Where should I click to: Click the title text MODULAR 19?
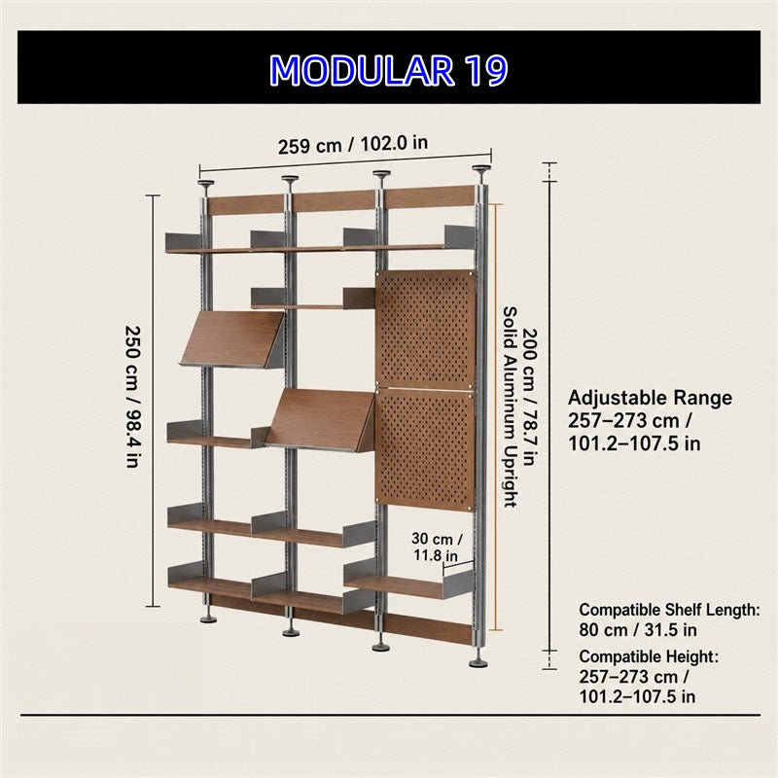[x=388, y=70]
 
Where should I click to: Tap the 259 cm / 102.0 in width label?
[x=353, y=145]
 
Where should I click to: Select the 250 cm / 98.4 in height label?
[x=131, y=397]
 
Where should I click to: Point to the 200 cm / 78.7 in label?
[x=530, y=397]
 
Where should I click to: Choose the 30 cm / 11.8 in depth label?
[x=437, y=547]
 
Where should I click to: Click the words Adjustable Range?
[x=650, y=398]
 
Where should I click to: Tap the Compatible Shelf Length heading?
[x=669, y=610]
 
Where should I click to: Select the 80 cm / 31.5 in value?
[x=638, y=630]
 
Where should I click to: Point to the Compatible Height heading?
[x=649, y=656]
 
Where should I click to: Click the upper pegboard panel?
[x=425, y=329]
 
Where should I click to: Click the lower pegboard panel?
[x=425, y=449]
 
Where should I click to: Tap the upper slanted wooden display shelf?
[x=232, y=339]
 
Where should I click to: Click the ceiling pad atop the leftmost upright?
[x=206, y=184]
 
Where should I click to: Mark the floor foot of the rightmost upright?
[x=478, y=663]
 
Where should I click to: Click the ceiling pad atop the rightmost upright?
[x=480, y=168]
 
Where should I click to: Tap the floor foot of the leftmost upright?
[x=207, y=619]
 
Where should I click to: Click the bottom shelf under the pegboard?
[x=407, y=584]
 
